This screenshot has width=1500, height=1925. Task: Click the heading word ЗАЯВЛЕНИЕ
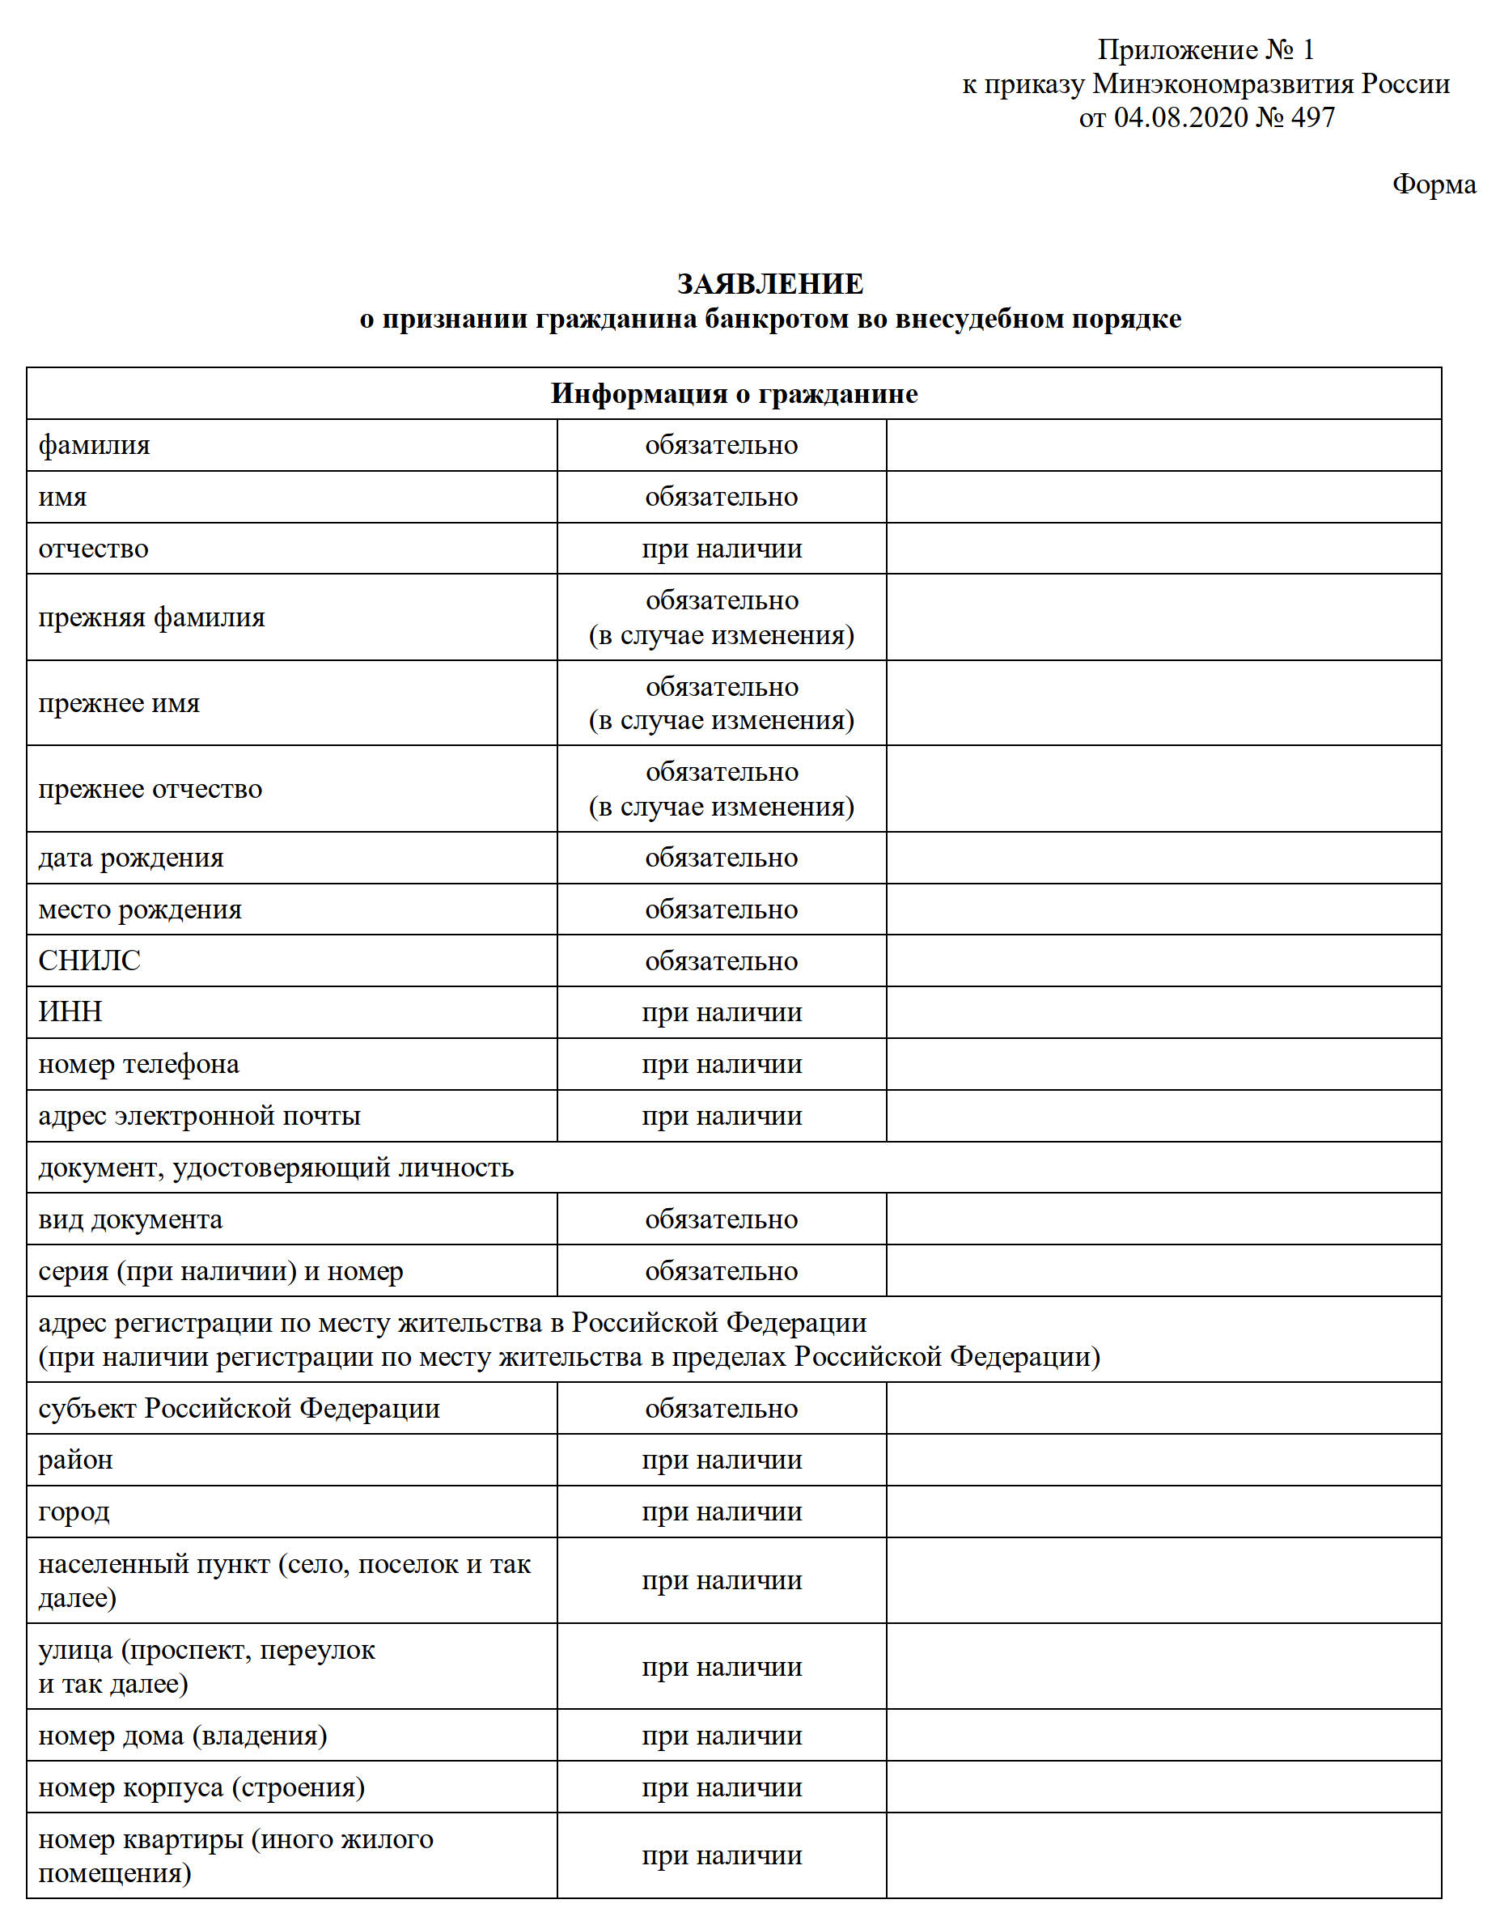769,284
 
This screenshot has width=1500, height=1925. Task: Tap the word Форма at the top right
1434,184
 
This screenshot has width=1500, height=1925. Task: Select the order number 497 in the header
1313,117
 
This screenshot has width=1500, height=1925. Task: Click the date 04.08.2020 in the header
1180,117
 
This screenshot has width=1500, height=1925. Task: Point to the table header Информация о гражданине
734,394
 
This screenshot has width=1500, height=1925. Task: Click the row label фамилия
95,445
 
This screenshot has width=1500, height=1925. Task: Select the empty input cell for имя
1163,497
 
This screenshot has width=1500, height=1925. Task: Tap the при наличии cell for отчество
722,549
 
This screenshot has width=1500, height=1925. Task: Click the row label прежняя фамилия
151,618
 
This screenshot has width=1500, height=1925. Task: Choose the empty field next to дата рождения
1163,858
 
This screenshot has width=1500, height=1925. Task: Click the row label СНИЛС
89,960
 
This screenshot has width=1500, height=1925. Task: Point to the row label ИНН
70,1011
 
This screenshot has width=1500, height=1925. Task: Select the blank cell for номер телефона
1163,1064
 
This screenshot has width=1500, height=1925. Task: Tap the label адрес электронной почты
199,1116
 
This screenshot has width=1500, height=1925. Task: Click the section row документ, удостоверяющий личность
276,1168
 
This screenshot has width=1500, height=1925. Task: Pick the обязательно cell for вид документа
722,1220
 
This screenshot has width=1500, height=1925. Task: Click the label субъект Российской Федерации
239,1409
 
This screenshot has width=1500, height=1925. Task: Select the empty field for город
1163,1512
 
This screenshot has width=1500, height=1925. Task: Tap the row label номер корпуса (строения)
201,1787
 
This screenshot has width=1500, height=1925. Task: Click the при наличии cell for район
722,1461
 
